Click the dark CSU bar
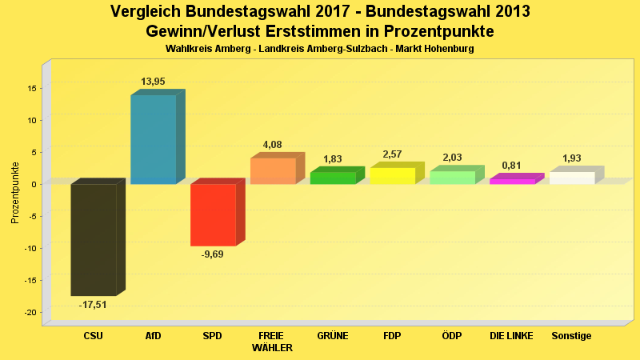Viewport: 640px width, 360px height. tap(94, 240)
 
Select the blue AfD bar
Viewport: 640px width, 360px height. tap(154, 140)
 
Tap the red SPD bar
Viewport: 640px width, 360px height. tap(213, 214)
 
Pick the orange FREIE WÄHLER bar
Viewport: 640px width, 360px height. tap(273, 171)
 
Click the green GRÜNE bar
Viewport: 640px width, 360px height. tap(333, 178)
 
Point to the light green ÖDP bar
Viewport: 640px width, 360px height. tap(452, 178)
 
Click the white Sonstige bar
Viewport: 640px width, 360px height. tap(572, 178)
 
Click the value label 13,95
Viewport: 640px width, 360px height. tap(153, 82)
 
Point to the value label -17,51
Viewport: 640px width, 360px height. tap(93, 305)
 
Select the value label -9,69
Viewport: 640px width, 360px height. tap(213, 254)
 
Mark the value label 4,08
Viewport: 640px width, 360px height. tap(273, 145)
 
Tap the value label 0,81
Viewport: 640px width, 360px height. tap(512, 166)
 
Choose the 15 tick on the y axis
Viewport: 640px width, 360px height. tap(31, 88)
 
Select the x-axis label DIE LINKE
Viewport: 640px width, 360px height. tap(511, 336)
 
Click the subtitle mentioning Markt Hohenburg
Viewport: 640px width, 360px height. tap(320, 50)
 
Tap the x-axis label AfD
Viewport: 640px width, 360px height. tap(153, 336)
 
